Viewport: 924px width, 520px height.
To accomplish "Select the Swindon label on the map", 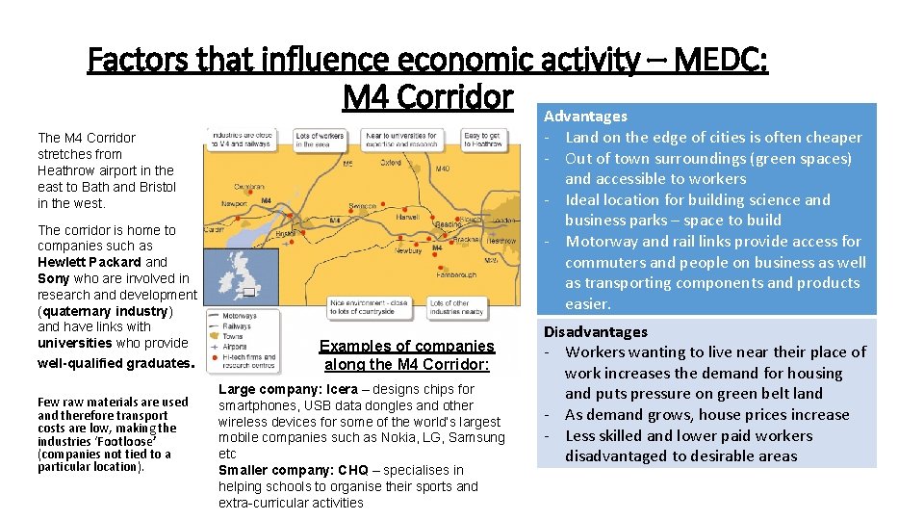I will tap(362, 205).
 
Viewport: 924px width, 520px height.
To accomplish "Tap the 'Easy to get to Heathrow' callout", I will tap(484, 141).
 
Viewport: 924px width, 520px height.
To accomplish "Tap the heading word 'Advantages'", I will tap(585, 116).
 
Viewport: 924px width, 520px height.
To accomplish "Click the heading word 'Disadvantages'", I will tap(596, 331).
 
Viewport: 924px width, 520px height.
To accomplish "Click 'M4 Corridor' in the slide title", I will tap(427, 96).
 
